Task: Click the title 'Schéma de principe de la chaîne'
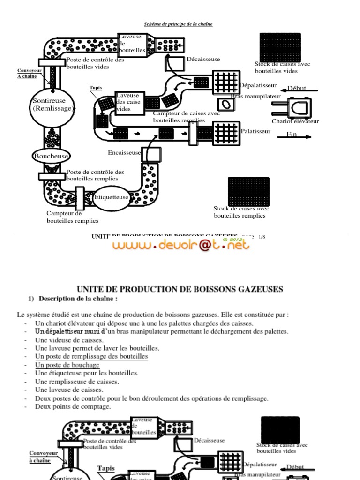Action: [x=178, y=24]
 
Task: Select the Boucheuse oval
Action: [x=51, y=156]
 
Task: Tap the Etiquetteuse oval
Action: [x=111, y=197]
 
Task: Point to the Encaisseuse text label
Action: [x=124, y=152]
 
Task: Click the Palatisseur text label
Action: [x=255, y=131]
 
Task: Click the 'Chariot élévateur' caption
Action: [x=295, y=121]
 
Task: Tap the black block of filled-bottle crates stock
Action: [x=248, y=191]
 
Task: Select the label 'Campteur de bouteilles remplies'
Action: [x=73, y=217]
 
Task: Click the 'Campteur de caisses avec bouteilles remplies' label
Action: [x=186, y=117]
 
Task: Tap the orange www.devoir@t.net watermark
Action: [x=180, y=244]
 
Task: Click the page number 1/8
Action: [x=262, y=237]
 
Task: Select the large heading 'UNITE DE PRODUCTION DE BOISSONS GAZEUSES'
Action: [x=180, y=289]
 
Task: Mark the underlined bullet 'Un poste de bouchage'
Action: [x=67, y=365]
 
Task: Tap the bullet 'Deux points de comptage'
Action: [x=73, y=406]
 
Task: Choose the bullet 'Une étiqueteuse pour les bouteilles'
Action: [x=87, y=373]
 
